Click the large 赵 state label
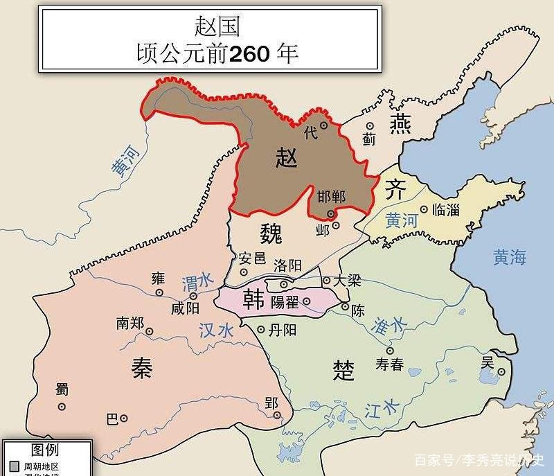(x=286, y=158)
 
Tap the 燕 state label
(x=400, y=123)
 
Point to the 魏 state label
(x=271, y=234)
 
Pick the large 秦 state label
(x=142, y=369)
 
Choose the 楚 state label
(x=343, y=371)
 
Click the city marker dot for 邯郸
(x=331, y=214)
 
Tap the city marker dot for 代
(x=323, y=125)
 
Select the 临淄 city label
(x=445, y=209)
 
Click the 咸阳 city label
(x=185, y=308)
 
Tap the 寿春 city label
(x=389, y=364)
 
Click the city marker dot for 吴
(x=501, y=372)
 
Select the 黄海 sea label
(x=510, y=258)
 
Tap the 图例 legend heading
(x=45, y=450)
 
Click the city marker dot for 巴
(x=123, y=418)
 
